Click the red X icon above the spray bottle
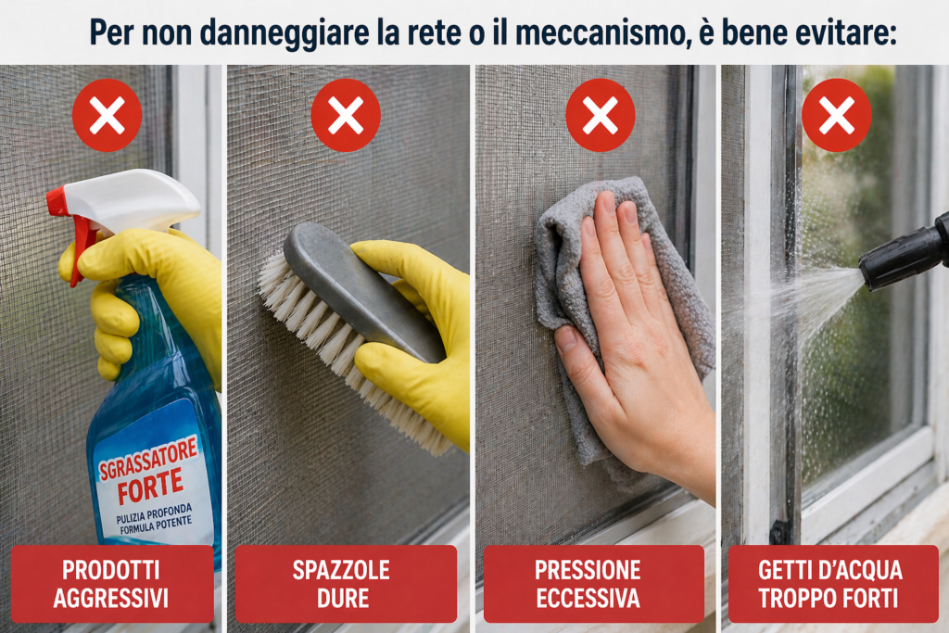[x=107, y=115]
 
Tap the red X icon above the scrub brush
[x=346, y=115]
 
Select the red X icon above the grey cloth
[x=600, y=115]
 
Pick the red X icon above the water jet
[x=836, y=115]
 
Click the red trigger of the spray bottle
[x=79, y=236]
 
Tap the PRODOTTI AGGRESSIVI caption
[x=112, y=584]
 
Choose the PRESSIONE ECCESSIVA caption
[x=593, y=584]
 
